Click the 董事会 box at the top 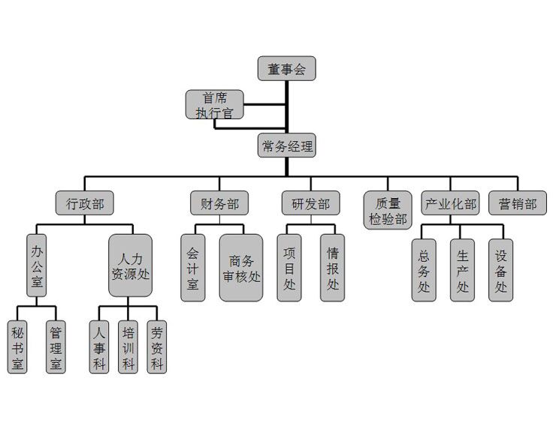(x=286, y=69)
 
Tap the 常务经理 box (x=286, y=145)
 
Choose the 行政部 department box (x=85, y=203)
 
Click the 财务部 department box (x=219, y=203)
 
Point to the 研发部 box (x=310, y=203)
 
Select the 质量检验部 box (x=388, y=211)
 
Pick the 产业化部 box (x=451, y=203)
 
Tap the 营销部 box (x=518, y=203)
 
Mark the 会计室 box (x=192, y=268)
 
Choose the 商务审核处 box (x=241, y=268)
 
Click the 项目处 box (x=289, y=268)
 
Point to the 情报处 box (x=333, y=268)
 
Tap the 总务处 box (x=424, y=270)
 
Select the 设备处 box (x=501, y=270)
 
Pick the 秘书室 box (x=17, y=348)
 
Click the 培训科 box (x=128, y=348)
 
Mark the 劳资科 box (x=156, y=348)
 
